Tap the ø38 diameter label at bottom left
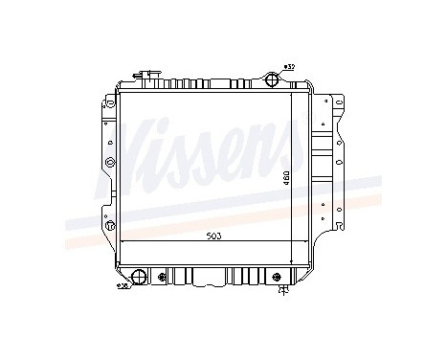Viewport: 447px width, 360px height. click(x=122, y=285)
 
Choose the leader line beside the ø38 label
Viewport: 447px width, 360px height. click(x=130, y=282)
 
